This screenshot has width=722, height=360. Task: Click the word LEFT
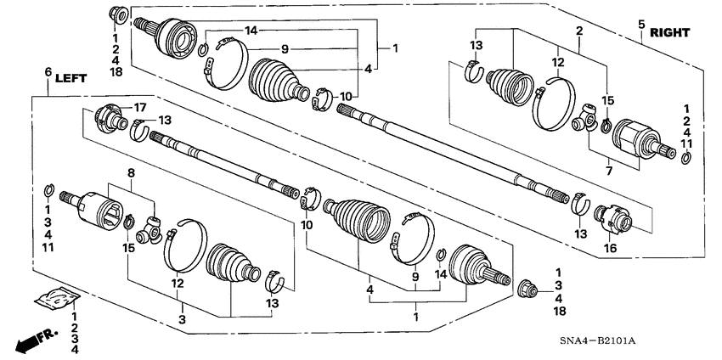(71, 76)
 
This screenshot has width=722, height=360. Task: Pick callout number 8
(131, 172)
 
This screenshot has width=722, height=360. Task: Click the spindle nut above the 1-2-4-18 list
(117, 14)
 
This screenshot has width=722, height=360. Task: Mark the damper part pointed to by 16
(614, 219)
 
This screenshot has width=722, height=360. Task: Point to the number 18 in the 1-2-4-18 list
(116, 72)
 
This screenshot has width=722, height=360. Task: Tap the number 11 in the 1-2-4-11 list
(686, 145)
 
